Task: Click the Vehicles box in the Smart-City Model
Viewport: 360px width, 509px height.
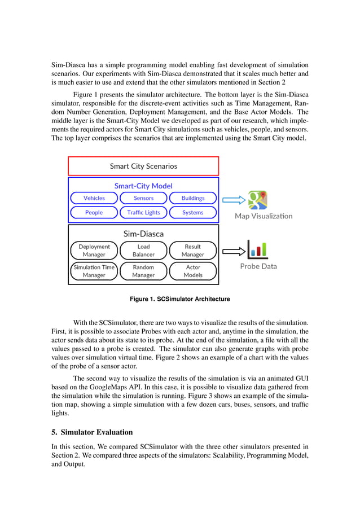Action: pos(94,198)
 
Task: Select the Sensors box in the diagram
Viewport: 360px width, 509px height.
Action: pos(143,198)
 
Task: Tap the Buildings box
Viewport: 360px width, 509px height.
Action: pos(193,198)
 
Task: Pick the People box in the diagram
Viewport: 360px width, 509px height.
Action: pos(94,213)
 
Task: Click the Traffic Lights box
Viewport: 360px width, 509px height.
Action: pos(143,213)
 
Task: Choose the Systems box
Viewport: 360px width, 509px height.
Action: pos(193,213)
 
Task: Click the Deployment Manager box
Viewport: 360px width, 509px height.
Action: pos(94,251)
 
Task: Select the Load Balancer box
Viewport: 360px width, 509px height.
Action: pos(143,251)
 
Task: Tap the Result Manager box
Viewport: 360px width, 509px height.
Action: pos(193,251)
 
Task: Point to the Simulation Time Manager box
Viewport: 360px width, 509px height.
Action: pos(94,271)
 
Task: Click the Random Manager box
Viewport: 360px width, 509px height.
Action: pos(143,271)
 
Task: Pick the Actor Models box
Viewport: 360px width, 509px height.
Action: pos(193,271)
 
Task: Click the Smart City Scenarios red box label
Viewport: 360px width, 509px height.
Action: pos(143,166)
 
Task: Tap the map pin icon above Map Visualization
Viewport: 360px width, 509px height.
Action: pos(258,200)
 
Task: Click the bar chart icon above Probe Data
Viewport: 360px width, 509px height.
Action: pos(257,249)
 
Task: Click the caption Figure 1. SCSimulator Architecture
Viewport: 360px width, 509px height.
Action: pos(180,299)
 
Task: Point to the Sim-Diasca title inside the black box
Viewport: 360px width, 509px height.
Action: pos(143,233)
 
